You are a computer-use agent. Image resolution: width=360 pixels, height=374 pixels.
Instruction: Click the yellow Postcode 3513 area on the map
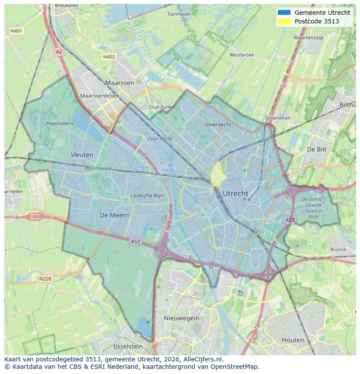(217, 173)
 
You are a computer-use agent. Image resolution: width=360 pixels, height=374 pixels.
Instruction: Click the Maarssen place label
(120, 83)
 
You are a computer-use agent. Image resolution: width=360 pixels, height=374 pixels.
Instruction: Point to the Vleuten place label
(82, 154)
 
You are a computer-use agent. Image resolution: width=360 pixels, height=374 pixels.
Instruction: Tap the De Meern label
(114, 215)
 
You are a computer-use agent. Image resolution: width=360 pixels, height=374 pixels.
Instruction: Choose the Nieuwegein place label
(181, 318)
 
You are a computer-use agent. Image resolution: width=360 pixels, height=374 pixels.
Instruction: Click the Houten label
(293, 340)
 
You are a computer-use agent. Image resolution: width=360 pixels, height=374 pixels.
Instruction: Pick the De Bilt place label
(316, 149)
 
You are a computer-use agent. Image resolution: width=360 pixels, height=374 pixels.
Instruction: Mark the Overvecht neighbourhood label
(218, 124)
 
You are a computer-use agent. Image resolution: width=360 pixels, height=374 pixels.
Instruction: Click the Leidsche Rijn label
(147, 195)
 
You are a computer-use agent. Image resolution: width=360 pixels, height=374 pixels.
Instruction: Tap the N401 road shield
(16, 31)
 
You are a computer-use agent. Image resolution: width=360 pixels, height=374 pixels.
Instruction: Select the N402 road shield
(109, 57)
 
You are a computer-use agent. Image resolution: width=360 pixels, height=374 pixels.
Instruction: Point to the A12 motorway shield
(136, 242)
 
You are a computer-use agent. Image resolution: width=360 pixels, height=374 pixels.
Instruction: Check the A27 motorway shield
(290, 220)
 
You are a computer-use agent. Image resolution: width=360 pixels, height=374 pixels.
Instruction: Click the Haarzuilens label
(60, 123)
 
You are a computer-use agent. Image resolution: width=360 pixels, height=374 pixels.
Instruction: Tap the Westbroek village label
(241, 55)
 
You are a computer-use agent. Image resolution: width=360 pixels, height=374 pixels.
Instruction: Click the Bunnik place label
(338, 249)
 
